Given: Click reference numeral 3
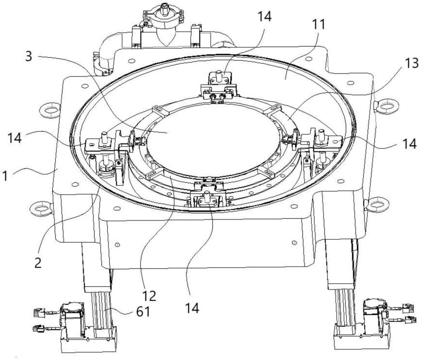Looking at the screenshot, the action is coord(29,57).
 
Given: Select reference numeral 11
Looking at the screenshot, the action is coord(318,24).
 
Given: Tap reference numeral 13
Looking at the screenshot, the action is coord(411,63).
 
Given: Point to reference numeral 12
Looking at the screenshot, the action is coord(149,296).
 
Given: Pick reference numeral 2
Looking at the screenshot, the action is coord(38,263).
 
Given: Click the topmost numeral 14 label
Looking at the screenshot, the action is coord(264,17).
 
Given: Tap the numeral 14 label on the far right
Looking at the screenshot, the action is coord(409,144).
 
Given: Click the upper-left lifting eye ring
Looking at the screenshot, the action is coord(50,110).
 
